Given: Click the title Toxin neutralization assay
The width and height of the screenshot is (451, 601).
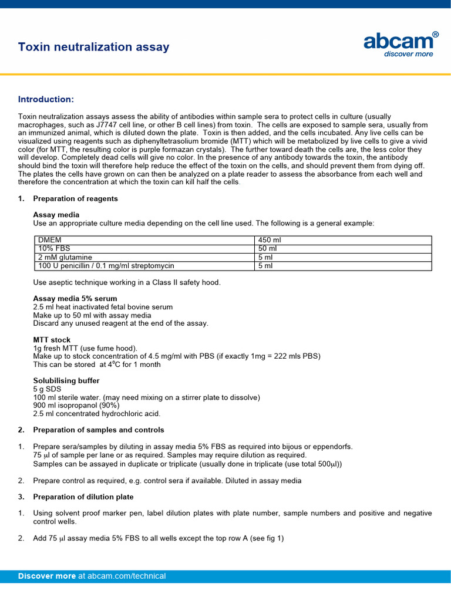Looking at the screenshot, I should point(94,47).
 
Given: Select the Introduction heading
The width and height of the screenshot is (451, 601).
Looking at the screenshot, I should point(46,99).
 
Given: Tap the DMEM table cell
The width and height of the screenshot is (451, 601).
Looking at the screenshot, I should point(49,240).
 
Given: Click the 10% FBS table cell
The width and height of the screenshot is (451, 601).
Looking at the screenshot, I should point(54,248).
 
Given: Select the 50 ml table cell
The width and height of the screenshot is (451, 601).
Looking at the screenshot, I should point(268,248).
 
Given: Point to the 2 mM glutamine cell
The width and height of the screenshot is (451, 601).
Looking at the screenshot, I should point(65,257).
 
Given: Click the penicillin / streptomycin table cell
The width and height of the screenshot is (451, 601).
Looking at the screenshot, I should point(106,266).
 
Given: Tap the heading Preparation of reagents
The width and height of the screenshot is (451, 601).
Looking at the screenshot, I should point(75,198).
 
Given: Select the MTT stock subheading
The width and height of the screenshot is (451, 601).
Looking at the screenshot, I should point(52,340).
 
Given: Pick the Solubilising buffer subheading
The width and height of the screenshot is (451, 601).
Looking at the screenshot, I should point(66,381).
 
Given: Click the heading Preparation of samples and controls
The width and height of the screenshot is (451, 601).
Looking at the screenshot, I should point(99,430).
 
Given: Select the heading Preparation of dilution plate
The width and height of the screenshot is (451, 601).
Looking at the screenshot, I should point(83,497).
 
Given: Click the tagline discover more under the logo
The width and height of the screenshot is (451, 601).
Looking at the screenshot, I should point(408,54).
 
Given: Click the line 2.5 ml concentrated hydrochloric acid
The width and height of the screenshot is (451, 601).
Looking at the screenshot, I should point(97,414).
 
